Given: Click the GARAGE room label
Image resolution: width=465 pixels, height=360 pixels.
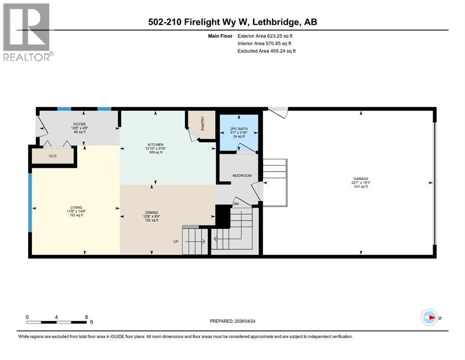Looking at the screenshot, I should (x=361, y=179).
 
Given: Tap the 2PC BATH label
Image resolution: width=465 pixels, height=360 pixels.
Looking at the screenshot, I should (x=239, y=129).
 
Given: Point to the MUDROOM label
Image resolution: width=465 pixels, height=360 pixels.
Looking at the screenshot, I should (x=242, y=176).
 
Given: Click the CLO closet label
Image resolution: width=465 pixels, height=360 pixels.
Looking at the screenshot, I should (x=52, y=156).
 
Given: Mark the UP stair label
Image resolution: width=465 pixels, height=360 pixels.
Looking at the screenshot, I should (x=176, y=242).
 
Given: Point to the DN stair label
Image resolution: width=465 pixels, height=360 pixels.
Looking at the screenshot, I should (x=236, y=204).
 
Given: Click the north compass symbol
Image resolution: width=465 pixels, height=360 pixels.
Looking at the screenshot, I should (x=429, y=317).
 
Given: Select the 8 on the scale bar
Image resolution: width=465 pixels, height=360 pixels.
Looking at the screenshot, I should (x=86, y=317).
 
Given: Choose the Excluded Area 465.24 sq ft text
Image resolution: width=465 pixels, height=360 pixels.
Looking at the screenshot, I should (x=266, y=51).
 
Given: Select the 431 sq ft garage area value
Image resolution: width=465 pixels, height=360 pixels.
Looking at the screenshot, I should (x=361, y=187).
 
